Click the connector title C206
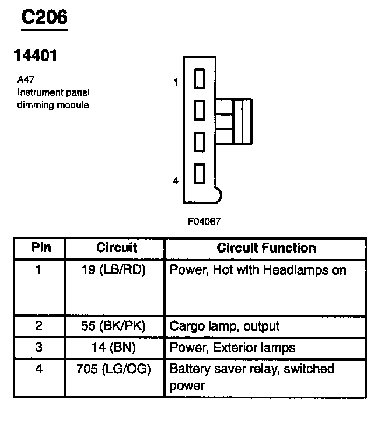(44, 17)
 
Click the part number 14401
(36, 55)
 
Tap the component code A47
(26, 79)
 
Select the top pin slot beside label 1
(199, 79)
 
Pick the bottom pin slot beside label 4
(199, 173)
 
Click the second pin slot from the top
(199, 110)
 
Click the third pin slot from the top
(199, 142)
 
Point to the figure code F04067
(204, 222)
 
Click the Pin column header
(41, 247)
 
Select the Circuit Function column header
(266, 248)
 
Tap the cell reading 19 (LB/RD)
(114, 270)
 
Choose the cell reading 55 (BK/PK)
(113, 326)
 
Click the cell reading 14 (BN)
(113, 347)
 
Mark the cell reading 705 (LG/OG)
(114, 369)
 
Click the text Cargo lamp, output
(225, 326)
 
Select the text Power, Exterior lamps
(232, 348)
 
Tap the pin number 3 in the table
(39, 347)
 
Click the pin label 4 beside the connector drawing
(176, 180)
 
